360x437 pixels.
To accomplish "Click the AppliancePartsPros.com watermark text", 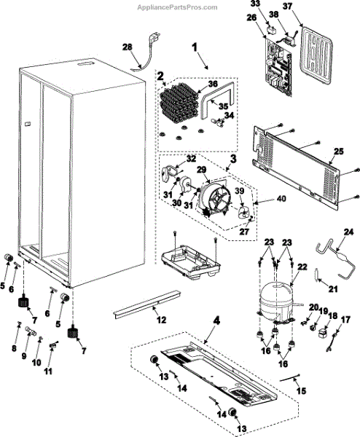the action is (177, 7).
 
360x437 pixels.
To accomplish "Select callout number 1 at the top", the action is (195, 47).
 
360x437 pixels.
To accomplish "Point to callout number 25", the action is (339, 151).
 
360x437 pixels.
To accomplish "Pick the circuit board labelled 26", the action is (278, 68).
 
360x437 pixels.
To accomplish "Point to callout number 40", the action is (281, 199).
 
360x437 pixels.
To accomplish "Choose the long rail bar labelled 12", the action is (147, 304).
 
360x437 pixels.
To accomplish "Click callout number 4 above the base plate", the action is (216, 321).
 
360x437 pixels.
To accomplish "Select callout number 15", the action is (301, 390).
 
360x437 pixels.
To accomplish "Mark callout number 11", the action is (48, 371).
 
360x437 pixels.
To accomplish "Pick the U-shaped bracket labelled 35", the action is (217, 101).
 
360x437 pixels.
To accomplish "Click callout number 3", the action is (233, 159).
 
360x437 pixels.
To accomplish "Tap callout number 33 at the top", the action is (255, 4).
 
